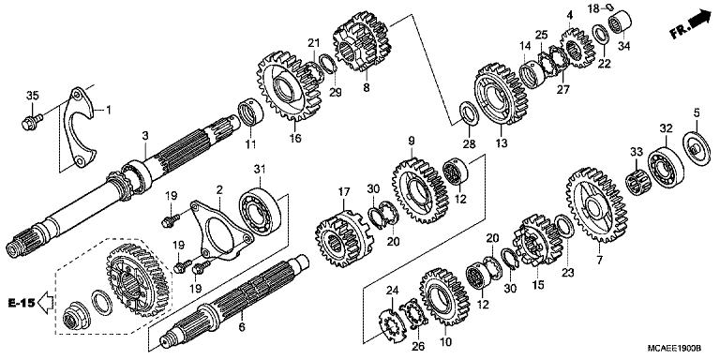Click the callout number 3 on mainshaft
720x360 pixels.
click(x=144, y=137)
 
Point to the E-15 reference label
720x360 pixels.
click(x=25, y=303)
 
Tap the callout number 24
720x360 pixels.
click(x=392, y=290)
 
